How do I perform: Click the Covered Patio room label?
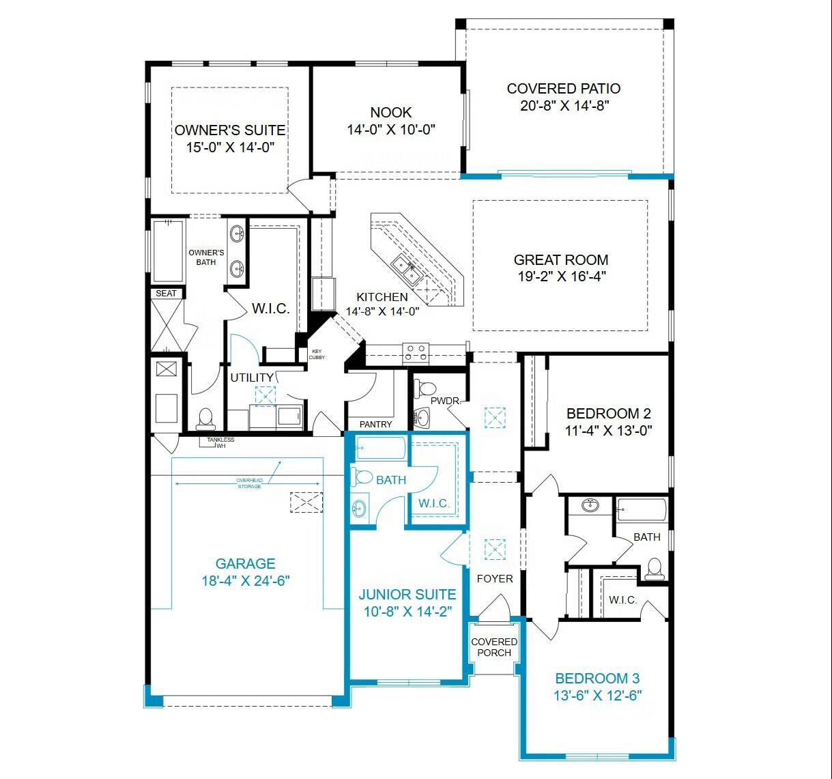point(564,89)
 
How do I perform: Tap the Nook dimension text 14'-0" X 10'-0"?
point(391,130)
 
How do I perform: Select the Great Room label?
point(561,260)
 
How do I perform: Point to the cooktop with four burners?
point(416,352)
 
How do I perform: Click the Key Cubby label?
point(317,354)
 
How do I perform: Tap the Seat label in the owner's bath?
point(167,294)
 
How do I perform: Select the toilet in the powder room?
point(425,388)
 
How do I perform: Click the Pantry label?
point(376,424)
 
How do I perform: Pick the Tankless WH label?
point(220,442)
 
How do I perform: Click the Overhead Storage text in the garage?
point(249,483)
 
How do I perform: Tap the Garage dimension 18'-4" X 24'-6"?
point(246,581)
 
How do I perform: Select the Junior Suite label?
point(407,595)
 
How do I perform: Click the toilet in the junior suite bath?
point(362,477)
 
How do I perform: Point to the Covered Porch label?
point(494,647)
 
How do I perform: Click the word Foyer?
point(495,579)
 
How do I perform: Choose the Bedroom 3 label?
point(597,679)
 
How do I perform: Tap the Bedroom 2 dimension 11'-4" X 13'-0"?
point(609,431)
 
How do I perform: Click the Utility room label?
point(253,378)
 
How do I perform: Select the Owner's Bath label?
point(206,257)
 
